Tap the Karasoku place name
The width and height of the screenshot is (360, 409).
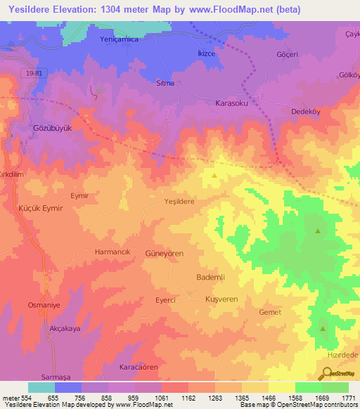coord(233,103)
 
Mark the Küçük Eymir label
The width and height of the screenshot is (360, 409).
coord(40,209)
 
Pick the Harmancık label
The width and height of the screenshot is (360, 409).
coord(112,251)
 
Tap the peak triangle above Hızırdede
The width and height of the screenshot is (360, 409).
coord(323,328)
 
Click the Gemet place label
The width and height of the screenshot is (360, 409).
coord(270,312)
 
